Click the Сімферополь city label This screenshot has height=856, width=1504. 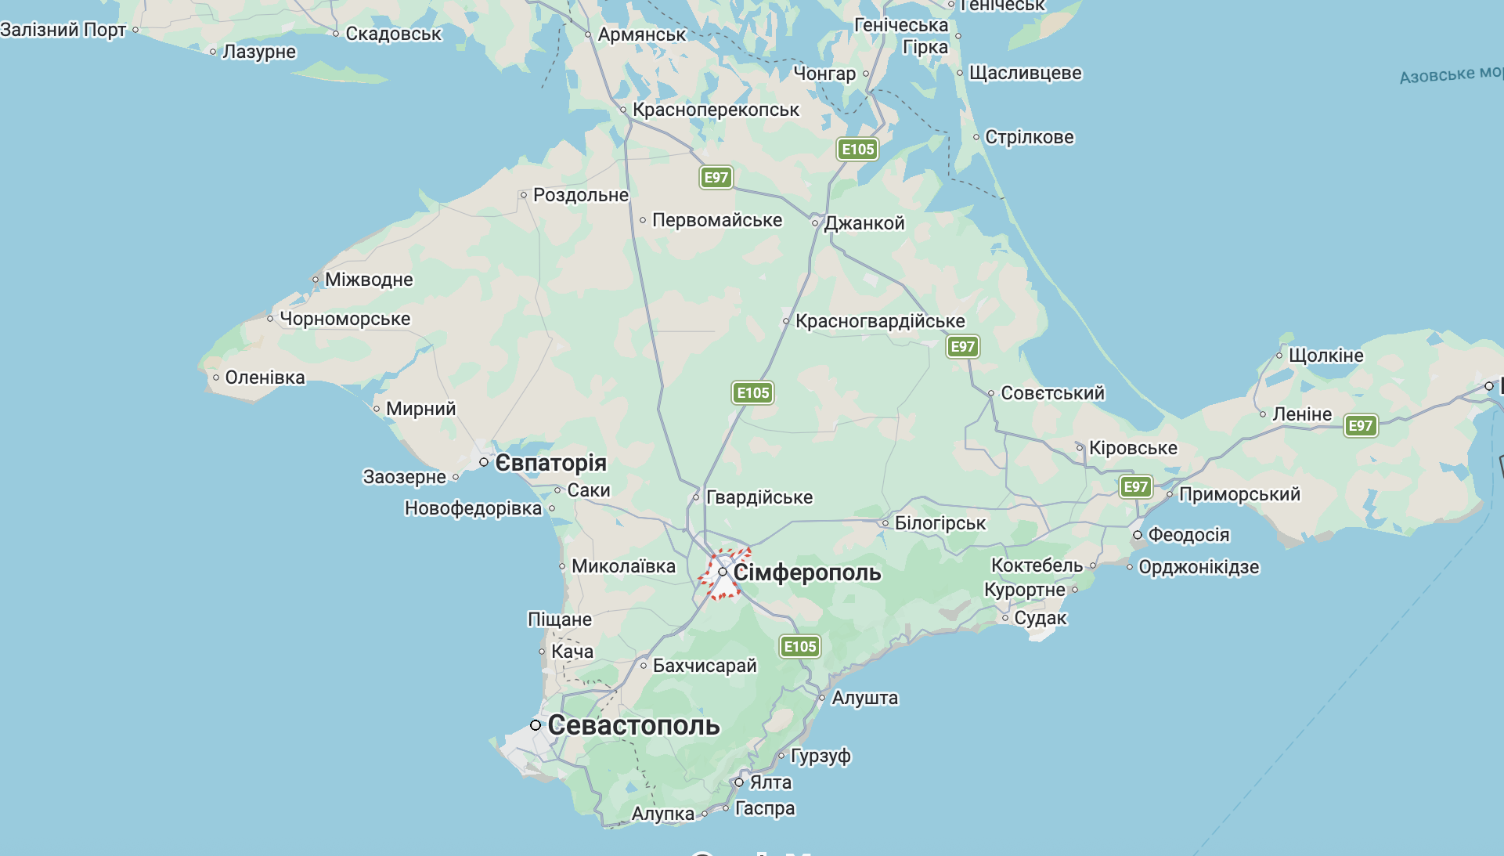pos(806,572)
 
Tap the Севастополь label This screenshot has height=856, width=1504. pos(633,725)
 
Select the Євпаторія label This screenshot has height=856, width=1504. pos(550,463)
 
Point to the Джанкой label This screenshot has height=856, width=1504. pos(864,223)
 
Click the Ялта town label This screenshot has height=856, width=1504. pos(770,782)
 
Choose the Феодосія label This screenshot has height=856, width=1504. pos(1188,535)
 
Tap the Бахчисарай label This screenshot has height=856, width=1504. pos(705,666)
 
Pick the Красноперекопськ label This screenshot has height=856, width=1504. pos(716,110)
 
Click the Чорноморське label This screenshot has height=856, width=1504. pos(344,319)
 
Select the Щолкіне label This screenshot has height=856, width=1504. pos(1325,356)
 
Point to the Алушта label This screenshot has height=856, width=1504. pos(865,698)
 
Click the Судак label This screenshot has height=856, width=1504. pos(1041,618)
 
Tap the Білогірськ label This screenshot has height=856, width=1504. pos(940,523)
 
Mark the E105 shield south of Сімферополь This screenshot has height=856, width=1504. pos(800,647)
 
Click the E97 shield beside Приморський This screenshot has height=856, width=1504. pos(1135,487)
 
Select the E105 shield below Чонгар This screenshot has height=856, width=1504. pos(857,150)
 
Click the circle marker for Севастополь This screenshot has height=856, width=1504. pos(536,725)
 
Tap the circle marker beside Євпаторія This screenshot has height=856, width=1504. pos(484,463)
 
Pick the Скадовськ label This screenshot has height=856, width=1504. pos(393,34)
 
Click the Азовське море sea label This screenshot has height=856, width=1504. pos(1450,74)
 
